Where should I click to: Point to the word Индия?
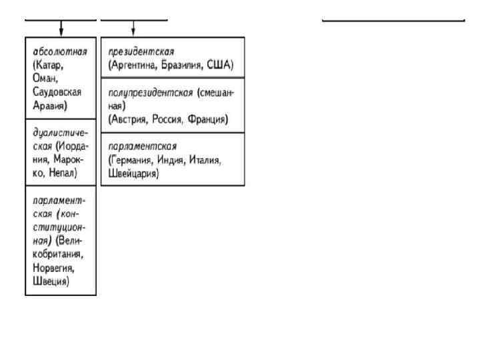pyautogui.click(x=175, y=161)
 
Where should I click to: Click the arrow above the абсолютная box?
pyautogui.click(x=61, y=29)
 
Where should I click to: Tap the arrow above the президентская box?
pyautogui.click(x=134, y=29)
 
